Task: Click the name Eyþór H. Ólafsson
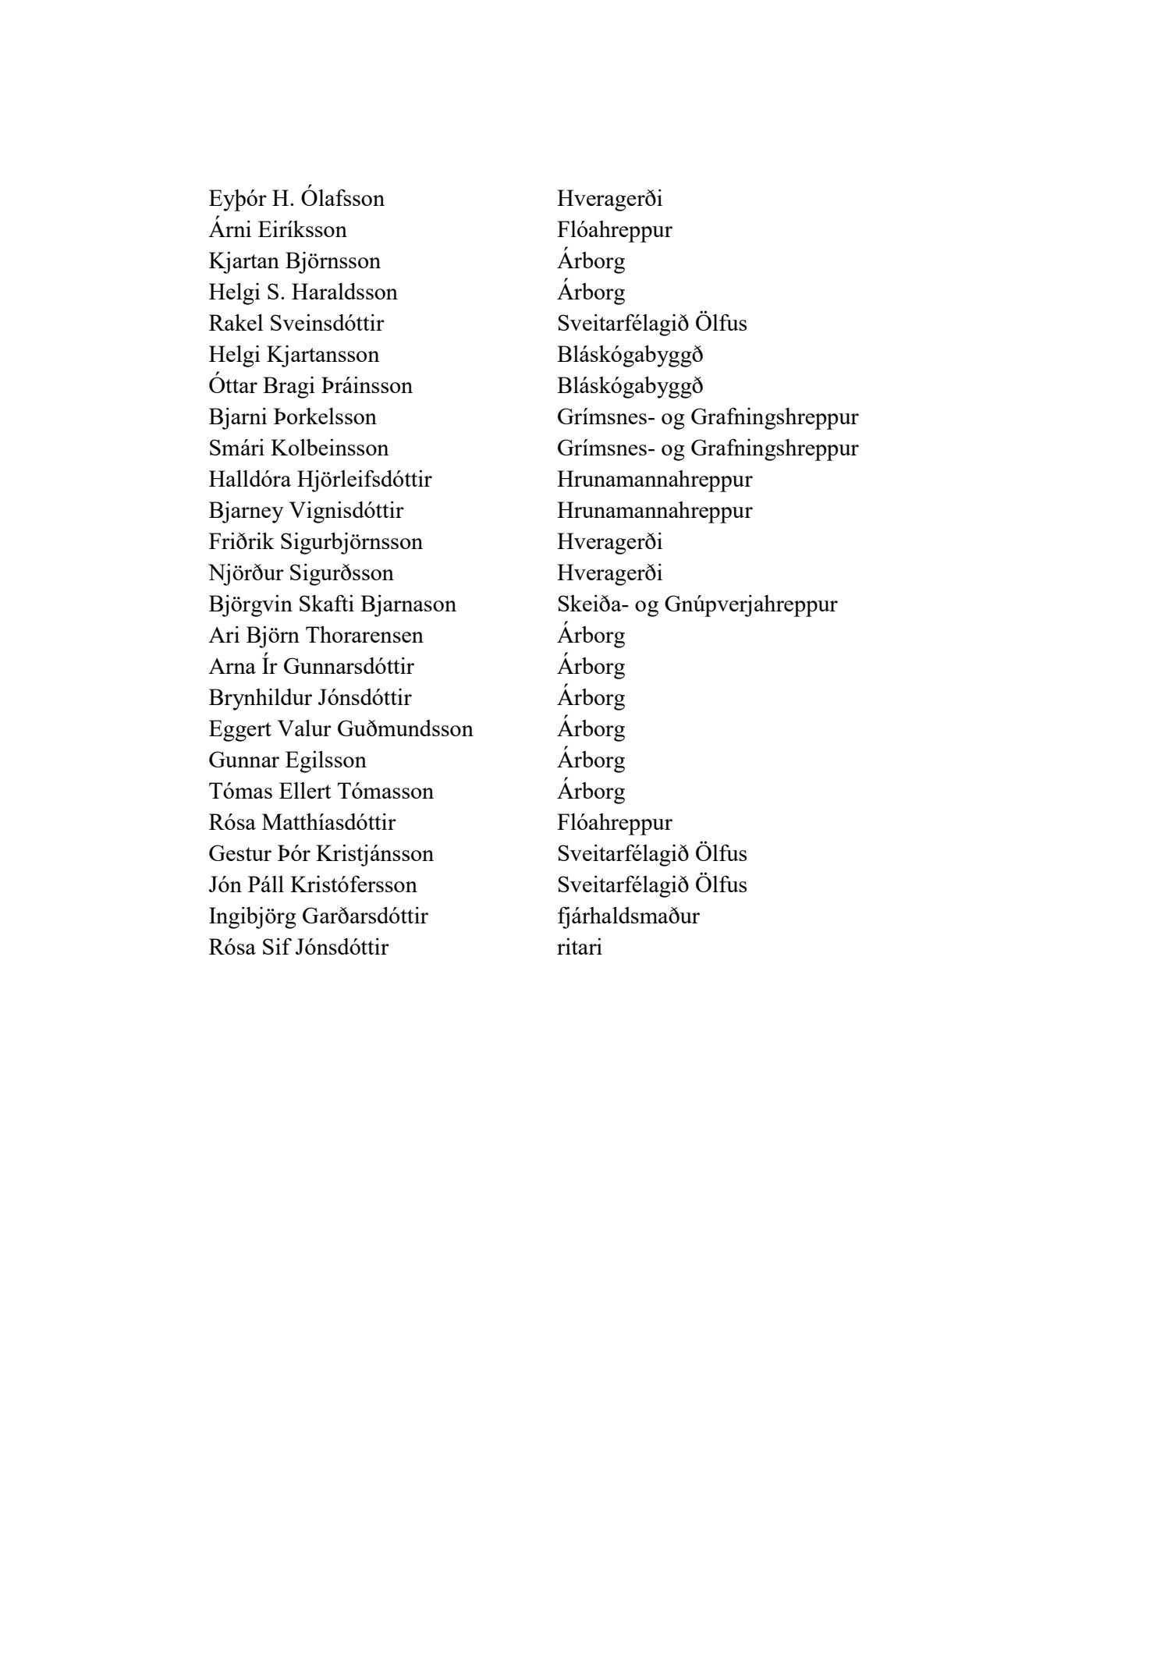coord(296,199)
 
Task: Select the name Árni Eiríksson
coord(278,230)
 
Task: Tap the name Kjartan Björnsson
coord(295,261)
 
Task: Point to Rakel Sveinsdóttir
coord(296,324)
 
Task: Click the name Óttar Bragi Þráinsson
coord(310,386)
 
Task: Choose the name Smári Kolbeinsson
coord(299,448)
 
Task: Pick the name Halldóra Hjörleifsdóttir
coord(320,480)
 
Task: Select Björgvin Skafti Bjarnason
coord(332,604)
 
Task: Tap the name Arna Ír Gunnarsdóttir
coord(311,667)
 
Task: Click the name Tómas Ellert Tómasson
coord(321,792)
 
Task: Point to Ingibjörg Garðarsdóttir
coord(318,916)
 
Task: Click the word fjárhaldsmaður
coord(628,916)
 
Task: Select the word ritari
coord(580,948)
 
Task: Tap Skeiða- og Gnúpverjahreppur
coord(697,604)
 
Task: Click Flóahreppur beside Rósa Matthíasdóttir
coord(615,823)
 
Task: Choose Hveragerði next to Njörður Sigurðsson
coord(610,573)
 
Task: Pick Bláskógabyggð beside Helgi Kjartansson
coord(630,355)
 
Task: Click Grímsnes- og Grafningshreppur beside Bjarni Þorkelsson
coord(708,417)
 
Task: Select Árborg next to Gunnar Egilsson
coord(591,760)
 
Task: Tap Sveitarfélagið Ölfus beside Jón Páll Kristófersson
coord(652,885)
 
